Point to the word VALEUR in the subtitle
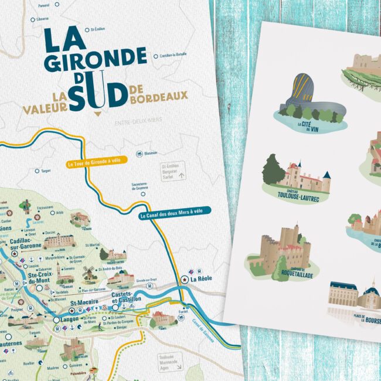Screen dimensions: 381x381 pos(44,107)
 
